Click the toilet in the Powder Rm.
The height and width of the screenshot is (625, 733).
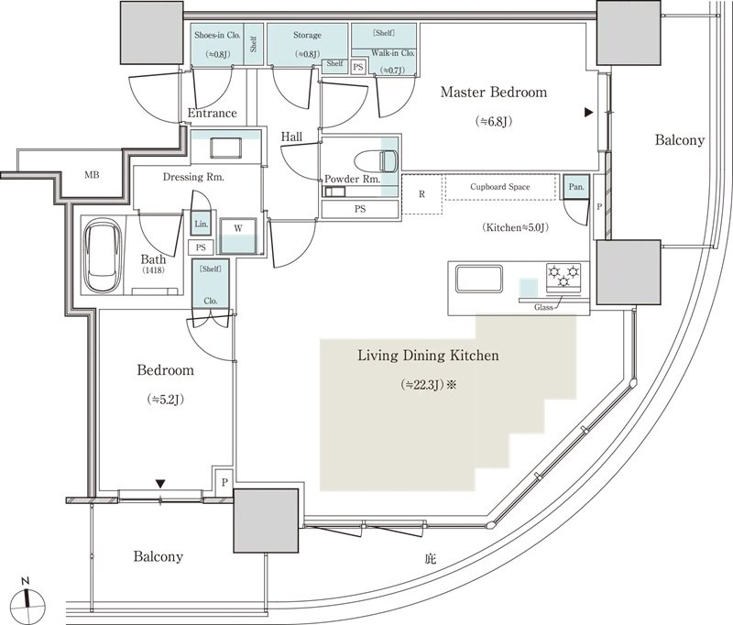[x=376, y=161]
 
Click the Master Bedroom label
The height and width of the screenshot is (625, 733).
[x=494, y=92]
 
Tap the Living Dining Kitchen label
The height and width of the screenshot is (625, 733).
[x=428, y=356]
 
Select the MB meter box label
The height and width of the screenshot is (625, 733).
[x=92, y=175]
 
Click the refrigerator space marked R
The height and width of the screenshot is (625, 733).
[x=421, y=194]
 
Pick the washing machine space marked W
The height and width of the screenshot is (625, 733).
[x=238, y=236]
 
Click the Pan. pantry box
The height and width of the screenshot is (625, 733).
[x=576, y=187]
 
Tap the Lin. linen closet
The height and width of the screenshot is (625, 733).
[x=201, y=224]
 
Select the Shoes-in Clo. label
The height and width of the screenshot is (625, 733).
[x=217, y=35]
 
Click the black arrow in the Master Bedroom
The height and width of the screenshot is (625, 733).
[x=588, y=112]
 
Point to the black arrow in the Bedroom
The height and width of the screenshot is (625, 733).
[x=160, y=483]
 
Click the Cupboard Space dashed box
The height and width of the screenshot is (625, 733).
[x=500, y=187]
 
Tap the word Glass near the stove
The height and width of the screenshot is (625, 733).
[x=543, y=308]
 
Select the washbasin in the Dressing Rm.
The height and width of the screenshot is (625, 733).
[x=226, y=148]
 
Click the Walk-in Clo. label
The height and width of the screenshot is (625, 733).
[x=393, y=53]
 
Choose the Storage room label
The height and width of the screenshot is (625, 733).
[x=307, y=35]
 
